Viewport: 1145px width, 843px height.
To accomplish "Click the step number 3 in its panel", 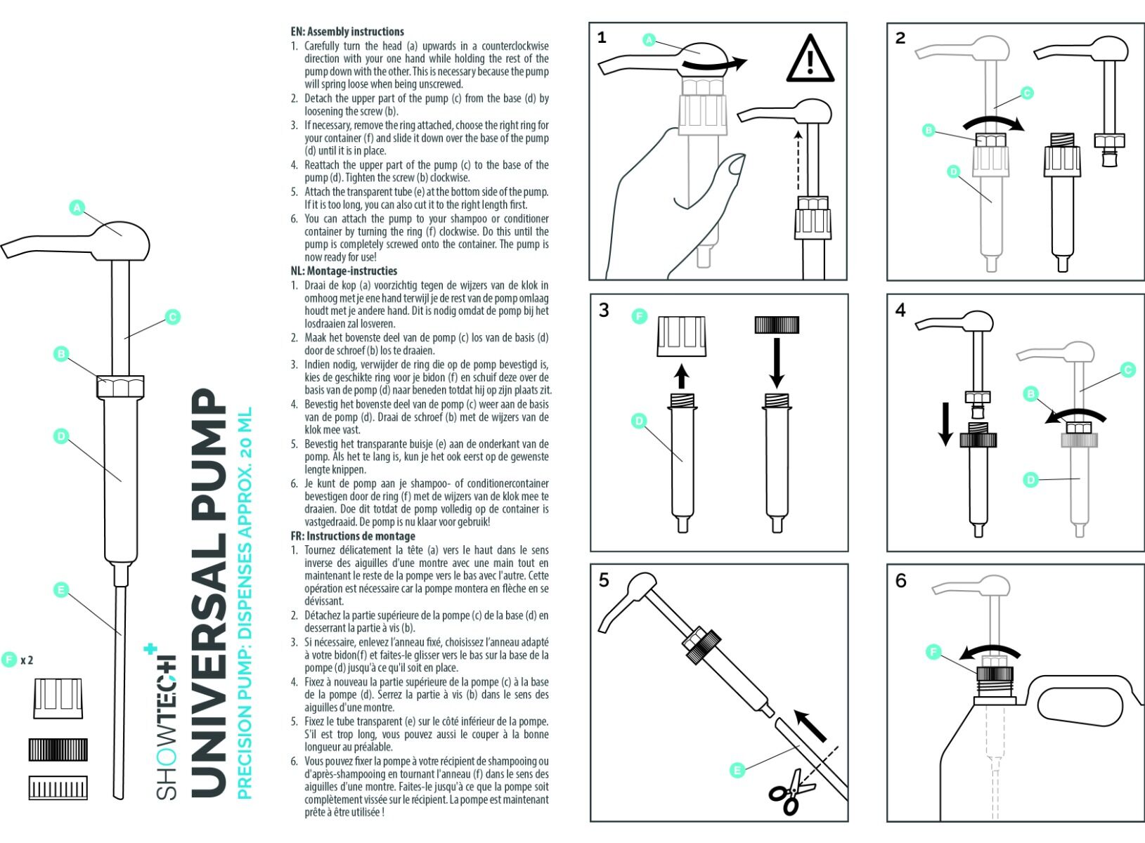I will (x=604, y=311).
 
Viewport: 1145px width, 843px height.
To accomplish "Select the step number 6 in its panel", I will (x=901, y=581).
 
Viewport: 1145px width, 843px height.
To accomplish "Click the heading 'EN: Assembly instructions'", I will (x=347, y=32).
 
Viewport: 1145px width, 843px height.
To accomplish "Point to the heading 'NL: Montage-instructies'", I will (x=344, y=271).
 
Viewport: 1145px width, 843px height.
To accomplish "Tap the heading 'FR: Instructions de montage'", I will (x=353, y=536).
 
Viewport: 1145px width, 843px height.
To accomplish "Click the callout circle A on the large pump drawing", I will (x=77, y=207).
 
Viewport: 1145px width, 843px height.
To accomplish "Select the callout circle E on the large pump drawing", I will (x=61, y=589).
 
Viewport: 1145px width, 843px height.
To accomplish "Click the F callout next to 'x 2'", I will (x=9, y=660).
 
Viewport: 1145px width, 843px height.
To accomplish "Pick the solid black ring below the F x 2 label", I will (x=58, y=750).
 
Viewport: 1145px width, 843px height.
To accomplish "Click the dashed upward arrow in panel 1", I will (x=798, y=160).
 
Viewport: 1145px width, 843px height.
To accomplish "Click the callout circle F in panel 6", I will (x=933, y=653).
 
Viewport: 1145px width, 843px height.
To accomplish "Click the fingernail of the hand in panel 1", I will (x=737, y=165).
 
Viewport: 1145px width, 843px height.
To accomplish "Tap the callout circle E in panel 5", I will (x=737, y=771).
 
